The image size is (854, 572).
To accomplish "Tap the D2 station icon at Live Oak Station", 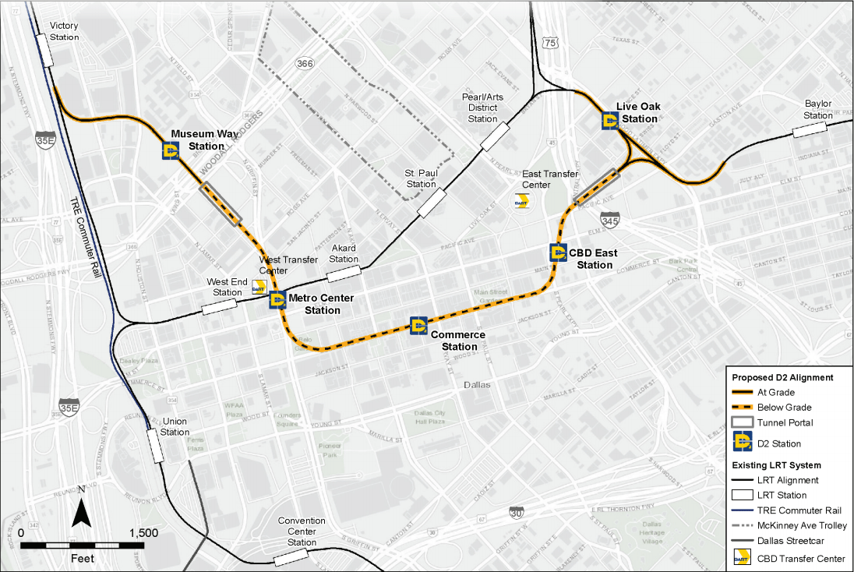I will point(611,121).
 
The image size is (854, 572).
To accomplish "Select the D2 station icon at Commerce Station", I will point(418,325).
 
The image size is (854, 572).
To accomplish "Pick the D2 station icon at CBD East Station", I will point(558,252).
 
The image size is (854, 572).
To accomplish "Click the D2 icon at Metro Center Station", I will point(277,298).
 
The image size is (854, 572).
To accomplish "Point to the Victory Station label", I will point(64,31).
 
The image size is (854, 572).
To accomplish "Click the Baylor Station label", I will point(818,110).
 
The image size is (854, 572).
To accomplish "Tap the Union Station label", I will point(175,427).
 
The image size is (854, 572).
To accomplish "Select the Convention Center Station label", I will point(302,531).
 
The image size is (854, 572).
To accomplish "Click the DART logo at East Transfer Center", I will point(522,201).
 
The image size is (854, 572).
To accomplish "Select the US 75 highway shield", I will point(551,44).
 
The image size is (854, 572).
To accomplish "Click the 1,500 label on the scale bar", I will point(145,533).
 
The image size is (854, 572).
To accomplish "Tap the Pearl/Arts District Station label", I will point(482,108).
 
